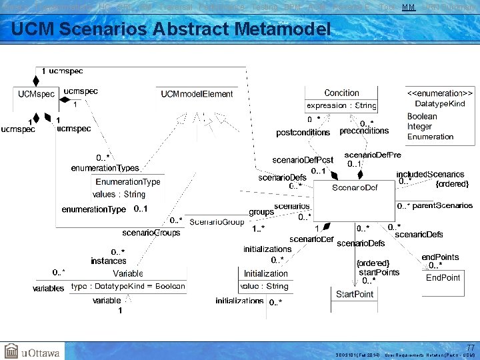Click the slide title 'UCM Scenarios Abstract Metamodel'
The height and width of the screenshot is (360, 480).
pos(171,29)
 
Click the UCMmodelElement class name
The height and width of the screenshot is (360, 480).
pos(197,94)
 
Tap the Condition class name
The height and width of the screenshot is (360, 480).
pos(341,93)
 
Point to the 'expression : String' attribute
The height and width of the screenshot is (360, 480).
pos(341,105)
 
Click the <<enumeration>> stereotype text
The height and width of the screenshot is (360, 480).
pos(440,93)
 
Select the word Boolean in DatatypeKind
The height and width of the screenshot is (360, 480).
pos(422,117)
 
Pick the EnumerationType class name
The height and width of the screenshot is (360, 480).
pos(128,182)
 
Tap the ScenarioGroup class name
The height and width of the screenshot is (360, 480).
pos(217,221)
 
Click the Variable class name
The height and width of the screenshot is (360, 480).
pos(128,274)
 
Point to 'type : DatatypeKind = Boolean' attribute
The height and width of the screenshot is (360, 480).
pos(128,287)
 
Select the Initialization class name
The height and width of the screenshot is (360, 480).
pos(265,274)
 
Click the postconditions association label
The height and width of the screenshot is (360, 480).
pos(303,133)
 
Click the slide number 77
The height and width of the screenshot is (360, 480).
pos(471,347)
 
